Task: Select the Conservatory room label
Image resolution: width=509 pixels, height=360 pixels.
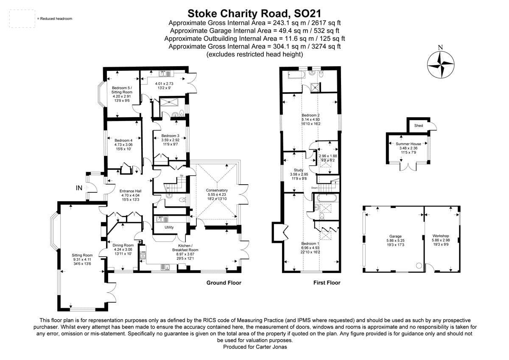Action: click(x=217, y=190)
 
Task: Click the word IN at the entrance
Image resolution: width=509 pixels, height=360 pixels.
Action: click(x=79, y=188)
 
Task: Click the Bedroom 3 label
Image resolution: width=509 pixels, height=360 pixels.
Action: click(x=170, y=135)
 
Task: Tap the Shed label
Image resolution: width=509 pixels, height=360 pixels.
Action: click(x=418, y=126)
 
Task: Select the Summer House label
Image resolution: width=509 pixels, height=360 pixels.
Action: click(x=408, y=144)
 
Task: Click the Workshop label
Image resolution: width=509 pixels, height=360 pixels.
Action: click(x=440, y=236)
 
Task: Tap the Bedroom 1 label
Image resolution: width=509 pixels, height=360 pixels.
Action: click(x=310, y=243)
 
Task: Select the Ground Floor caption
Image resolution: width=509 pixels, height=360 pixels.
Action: click(x=224, y=283)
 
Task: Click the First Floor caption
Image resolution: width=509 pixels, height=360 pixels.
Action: click(x=327, y=283)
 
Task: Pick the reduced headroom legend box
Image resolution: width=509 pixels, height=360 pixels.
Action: click(x=22, y=19)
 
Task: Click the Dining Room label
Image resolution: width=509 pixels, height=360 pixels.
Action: click(x=123, y=245)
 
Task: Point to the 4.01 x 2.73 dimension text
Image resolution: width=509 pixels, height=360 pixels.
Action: click(x=164, y=84)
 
